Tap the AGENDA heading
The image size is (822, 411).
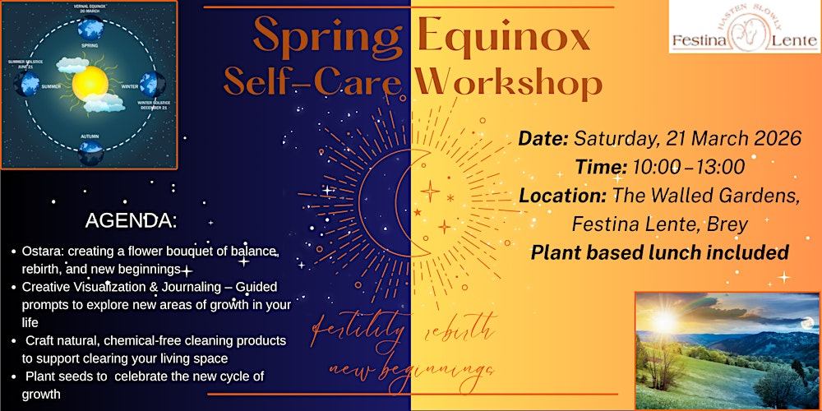point(131,221)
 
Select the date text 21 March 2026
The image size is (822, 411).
point(732,138)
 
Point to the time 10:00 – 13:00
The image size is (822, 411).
point(688,167)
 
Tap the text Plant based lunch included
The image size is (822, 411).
point(659,252)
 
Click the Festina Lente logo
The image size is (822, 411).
point(745,28)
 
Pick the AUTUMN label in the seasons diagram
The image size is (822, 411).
point(90,135)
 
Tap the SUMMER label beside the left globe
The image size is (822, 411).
point(51,85)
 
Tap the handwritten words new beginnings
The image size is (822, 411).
point(411,368)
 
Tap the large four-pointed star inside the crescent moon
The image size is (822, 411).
point(428,191)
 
